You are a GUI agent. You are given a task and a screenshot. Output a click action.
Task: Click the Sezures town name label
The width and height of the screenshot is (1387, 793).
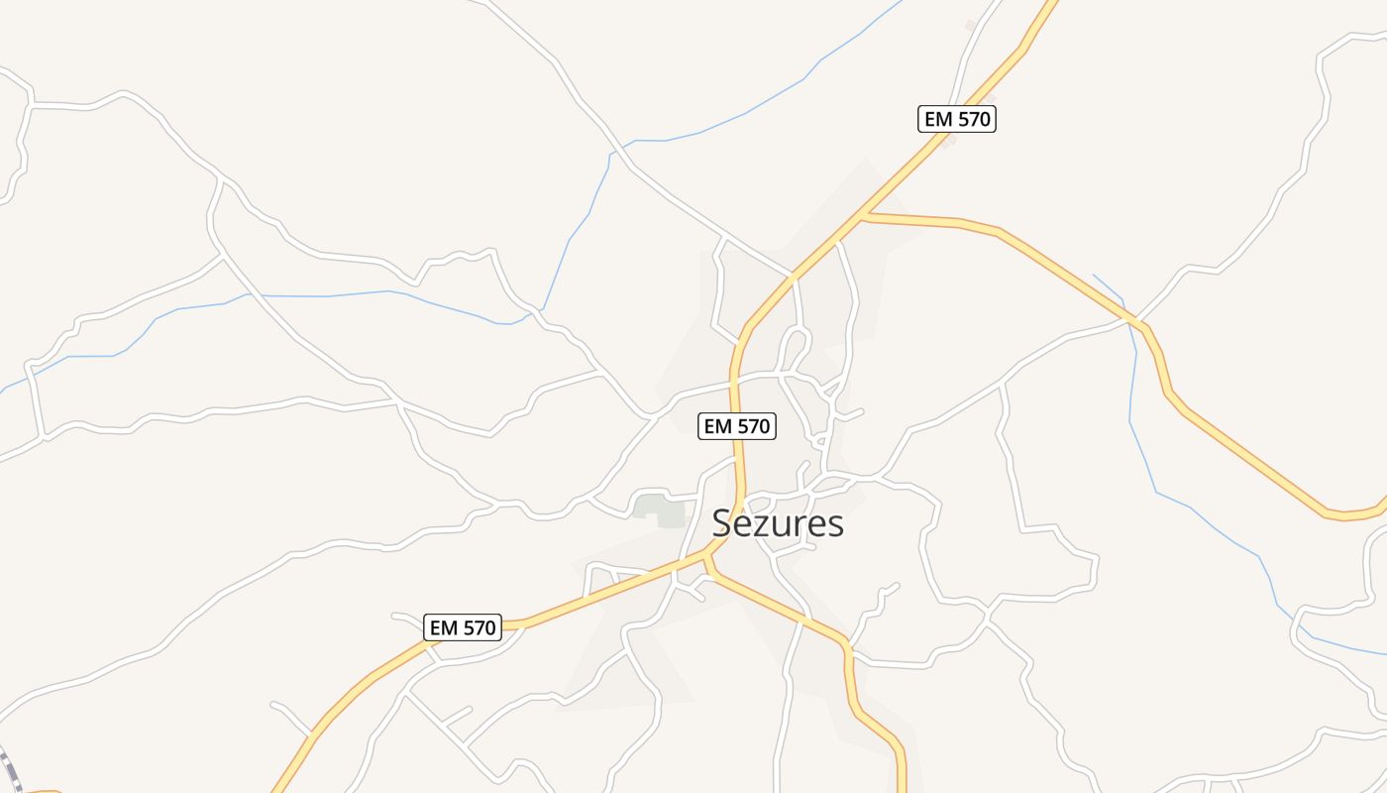[x=778, y=523]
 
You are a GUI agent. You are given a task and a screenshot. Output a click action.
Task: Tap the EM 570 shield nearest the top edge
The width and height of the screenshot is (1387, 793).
[x=956, y=119]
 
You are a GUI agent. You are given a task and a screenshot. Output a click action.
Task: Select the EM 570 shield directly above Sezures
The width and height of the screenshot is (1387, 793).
[x=736, y=426]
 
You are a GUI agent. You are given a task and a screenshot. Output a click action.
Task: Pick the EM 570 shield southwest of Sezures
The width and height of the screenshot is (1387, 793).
[x=463, y=627]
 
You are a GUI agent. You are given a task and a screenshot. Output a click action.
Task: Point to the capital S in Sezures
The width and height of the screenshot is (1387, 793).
[x=723, y=523]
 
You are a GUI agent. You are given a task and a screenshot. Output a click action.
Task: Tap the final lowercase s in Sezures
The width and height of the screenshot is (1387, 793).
[x=835, y=525]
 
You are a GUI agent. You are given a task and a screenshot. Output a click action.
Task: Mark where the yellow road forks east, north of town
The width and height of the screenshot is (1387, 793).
[x=864, y=214]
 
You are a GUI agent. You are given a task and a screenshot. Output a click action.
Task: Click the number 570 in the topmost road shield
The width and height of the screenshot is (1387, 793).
[x=972, y=119]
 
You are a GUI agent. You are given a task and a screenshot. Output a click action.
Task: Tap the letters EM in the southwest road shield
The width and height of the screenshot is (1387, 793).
[x=444, y=627]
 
